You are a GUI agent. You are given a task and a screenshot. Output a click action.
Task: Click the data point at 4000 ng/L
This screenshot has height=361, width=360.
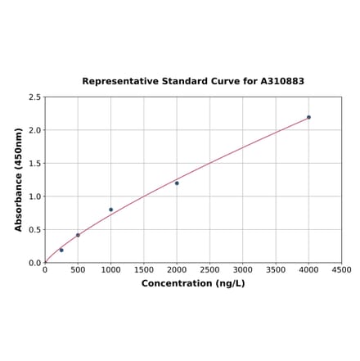(308, 117)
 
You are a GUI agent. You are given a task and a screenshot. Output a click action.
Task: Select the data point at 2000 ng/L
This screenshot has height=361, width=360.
(177, 183)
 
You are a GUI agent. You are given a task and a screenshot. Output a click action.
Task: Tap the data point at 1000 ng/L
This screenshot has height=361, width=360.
(111, 210)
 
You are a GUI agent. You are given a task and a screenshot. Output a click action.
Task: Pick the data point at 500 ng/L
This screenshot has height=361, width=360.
(78, 235)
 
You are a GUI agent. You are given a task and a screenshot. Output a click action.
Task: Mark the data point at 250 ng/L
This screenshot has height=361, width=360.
(61, 250)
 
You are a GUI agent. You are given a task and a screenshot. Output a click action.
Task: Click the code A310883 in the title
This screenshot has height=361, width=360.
(282, 82)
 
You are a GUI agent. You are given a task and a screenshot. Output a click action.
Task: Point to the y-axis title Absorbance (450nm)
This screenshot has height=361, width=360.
(19, 179)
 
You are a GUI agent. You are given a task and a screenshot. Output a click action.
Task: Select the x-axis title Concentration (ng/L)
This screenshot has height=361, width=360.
(193, 283)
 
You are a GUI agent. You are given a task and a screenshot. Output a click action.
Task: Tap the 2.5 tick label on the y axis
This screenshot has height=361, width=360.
(35, 97)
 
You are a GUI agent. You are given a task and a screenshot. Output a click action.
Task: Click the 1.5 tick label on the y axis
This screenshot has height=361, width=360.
(35, 164)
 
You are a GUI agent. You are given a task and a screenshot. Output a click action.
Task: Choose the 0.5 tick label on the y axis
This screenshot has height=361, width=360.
(35, 230)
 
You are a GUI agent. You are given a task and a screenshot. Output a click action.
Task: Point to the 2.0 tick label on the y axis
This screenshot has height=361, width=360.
(35, 131)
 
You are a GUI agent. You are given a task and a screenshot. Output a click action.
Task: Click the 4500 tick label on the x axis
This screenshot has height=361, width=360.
(341, 269)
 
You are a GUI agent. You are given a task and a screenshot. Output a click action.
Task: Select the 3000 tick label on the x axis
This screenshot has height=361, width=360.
(243, 269)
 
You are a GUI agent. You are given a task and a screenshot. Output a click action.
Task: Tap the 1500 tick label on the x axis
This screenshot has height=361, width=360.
(144, 269)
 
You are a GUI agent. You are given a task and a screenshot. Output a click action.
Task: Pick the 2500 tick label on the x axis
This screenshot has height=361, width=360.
(209, 269)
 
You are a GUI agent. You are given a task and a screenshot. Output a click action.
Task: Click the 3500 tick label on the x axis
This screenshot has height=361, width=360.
(276, 269)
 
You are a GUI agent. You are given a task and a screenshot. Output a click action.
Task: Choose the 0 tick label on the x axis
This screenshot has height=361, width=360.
(45, 269)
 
